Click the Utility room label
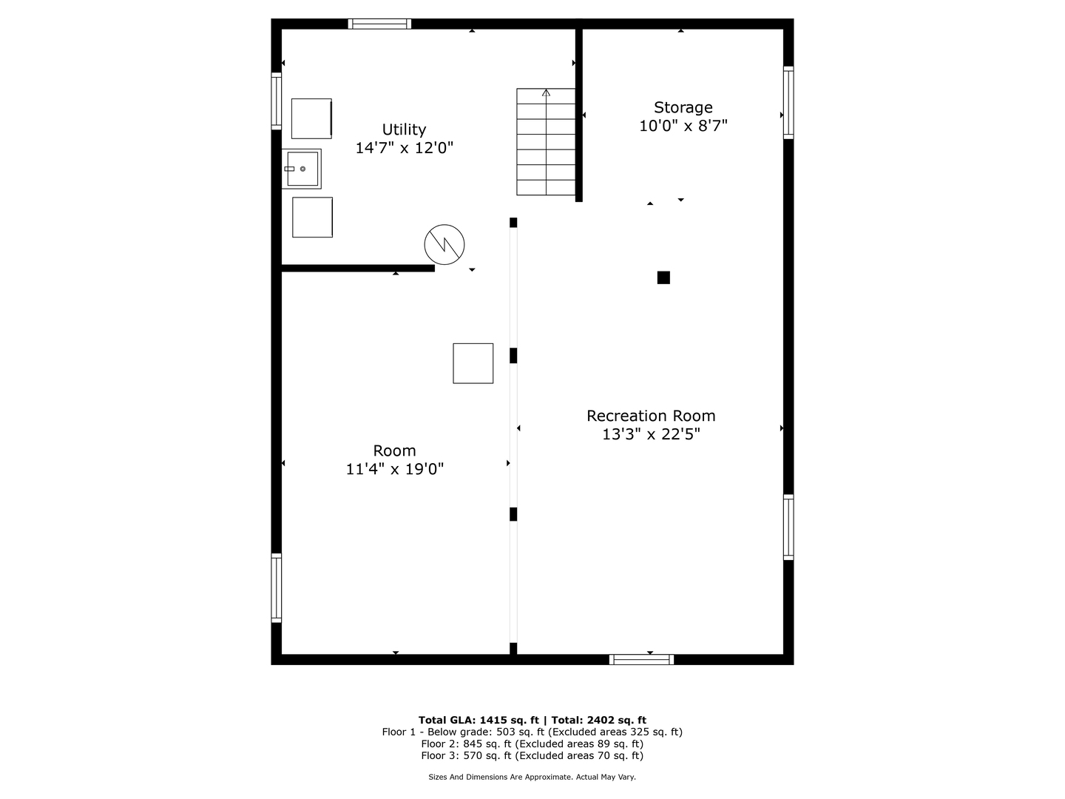(x=404, y=129)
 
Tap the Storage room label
(x=683, y=107)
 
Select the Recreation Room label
(x=651, y=416)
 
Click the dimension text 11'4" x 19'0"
(x=395, y=469)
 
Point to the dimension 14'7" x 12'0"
(x=404, y=148)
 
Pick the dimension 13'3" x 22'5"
(x=651, y=434)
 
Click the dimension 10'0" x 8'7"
(x=683, y=126)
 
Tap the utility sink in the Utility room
(x=302, y=169)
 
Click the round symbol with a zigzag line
(x=444, y=244)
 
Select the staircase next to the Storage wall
(x=546, y=142)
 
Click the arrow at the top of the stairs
(x=546, y=92)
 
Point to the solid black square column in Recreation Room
(x=663, y=277)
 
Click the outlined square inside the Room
(x=473, y=363)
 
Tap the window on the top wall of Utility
(x=379, y=24)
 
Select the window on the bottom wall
(x=641, y=659)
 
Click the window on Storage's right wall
(x=788, y=103)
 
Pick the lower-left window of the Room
(x=276, y=588)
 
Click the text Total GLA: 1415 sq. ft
(x=479, y=720)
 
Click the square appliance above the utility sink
(x=311, y=118)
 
